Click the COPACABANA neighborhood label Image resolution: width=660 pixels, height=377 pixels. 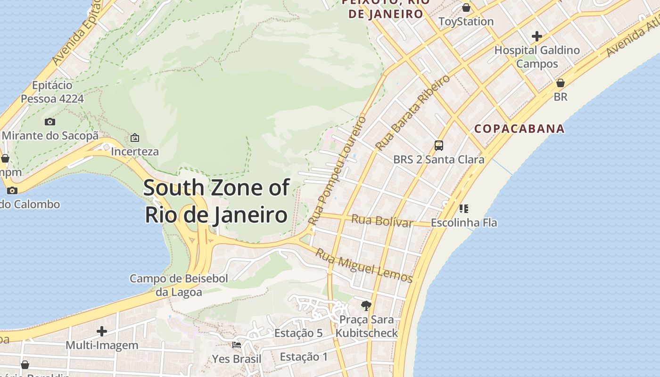[x=519, y=129]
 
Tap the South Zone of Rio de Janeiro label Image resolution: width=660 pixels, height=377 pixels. [x=216, y=201]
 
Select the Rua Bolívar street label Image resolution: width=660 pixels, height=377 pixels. [x=382, y=221]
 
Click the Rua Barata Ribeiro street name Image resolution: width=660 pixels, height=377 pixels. [x=412, y=113]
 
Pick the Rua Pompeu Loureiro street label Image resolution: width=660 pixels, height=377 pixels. [x=337, y=170]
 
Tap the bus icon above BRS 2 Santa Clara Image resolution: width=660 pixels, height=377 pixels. [x=439, y=146]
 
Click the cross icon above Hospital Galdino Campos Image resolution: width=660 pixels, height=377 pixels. [x=536, y=36]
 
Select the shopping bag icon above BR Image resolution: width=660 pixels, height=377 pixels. [x=561, y=83]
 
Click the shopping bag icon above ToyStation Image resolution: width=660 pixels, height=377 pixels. [x=466, y=8]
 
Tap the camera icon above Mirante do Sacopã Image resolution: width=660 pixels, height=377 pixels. [x=50, y=122]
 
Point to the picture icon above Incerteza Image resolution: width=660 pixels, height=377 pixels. [x=135, y=138]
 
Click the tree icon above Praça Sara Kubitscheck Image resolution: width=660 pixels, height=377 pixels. [x=366, y=306]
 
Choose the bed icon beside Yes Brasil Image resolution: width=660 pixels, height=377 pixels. [x=237, y=345]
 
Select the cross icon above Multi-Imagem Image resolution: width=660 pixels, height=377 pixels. [x=102, y=331]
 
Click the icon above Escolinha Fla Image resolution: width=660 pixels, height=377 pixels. [x=464, y=208]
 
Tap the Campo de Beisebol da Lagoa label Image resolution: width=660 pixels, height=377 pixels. [x=179, y=285]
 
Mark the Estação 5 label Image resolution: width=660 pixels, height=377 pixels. [x=298, y=333]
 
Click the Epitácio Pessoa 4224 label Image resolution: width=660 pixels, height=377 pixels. [x=52, y=92]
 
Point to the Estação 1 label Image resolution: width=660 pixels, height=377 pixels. [x=304, y=357]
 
